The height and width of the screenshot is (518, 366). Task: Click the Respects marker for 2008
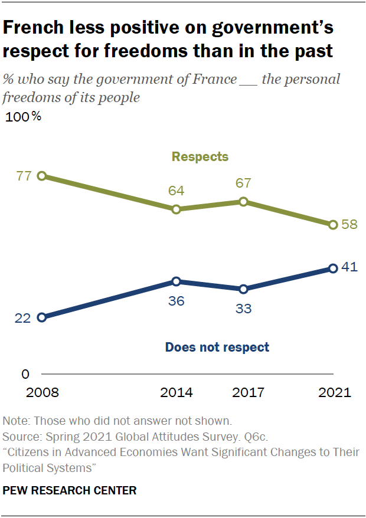(x=41, y=176)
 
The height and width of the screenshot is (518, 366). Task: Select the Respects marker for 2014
(x=176, y=209)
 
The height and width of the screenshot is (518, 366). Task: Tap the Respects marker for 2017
(x=243, y=202)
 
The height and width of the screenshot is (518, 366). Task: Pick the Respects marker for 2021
(x=333, y=225)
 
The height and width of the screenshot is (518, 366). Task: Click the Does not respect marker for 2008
(x=41, y=317)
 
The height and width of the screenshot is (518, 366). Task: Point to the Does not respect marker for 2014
(x=176, y=281)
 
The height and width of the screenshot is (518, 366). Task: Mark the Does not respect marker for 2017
(x=243, y=289)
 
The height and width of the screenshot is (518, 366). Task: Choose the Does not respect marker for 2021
(x=333, y=268)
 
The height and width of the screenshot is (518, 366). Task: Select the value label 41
(x=350, y=267)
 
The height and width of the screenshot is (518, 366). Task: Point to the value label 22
(x=22, y=318)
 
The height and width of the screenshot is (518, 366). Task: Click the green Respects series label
(x=200, y=157)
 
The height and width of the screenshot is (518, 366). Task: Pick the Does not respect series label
(x=217, y=347)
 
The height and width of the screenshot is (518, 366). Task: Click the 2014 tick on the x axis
(x=176, y=393)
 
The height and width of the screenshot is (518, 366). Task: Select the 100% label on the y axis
(x=23, y=117)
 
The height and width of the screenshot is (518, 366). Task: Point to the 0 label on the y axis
(x=25, y=374)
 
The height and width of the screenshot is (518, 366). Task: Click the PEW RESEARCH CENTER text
(x=70, y=490)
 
